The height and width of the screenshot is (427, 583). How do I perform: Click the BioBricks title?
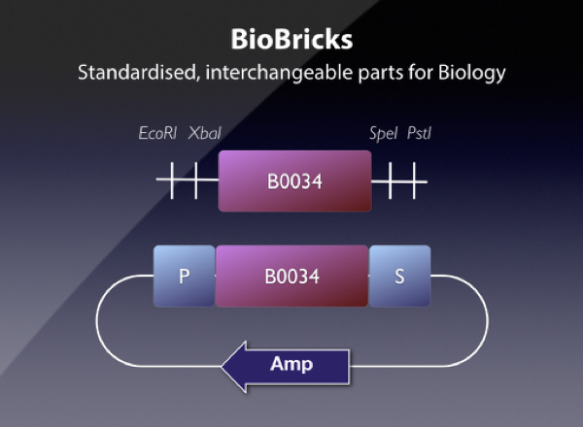click(x=291, y=41)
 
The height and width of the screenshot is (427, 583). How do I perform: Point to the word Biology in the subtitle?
click(x=471, y=74)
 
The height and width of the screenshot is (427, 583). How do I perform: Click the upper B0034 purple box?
click(x=294, y=181)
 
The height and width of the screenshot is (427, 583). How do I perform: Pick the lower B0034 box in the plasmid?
click(x=291, y=276)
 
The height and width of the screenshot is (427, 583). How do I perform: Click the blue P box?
click(x=184, y=276)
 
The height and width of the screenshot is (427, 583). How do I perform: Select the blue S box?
click(x=399, y=276)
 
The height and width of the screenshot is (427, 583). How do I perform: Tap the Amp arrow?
click(x=287, y=366)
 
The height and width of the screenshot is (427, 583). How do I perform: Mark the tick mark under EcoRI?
click(x=174, y=181)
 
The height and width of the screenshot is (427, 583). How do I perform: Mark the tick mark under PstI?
click(x=415, y=181)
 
